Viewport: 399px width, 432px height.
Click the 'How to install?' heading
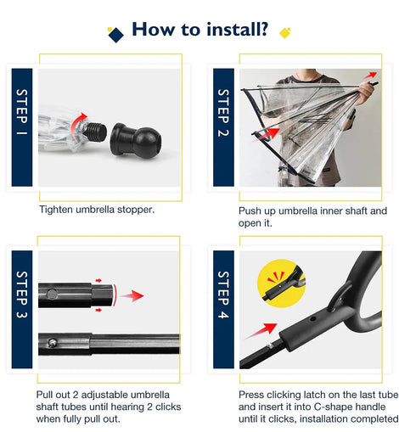[x=199, y=30]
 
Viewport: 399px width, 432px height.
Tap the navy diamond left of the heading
[x=115, y=35]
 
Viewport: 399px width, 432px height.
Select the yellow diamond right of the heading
[x=284, y=33]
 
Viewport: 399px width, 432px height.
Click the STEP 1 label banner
[x=22, y=127]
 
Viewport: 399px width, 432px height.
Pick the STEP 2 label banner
[x=223, y=127]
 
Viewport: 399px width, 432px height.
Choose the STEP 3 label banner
[x=22, y=310]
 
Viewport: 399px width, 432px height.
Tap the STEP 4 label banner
[x=223, y=310]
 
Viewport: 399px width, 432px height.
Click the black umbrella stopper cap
[x=136, y=140]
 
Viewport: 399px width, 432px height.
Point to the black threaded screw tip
[x=96, y=132]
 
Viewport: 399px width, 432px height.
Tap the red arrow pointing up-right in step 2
[x=370, y=76]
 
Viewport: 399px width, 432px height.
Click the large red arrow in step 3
[x=132, y=296]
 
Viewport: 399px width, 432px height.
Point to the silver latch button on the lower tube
[x=53, y=343]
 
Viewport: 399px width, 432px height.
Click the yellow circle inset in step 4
[x=282, y=283]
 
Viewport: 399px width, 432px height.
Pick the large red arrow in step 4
[x=261, y=330]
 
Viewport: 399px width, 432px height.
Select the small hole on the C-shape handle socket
[x=312, y=319]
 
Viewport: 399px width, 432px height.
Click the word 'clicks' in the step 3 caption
[x=168, y=407]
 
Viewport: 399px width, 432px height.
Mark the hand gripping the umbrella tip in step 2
[x=367, y=91]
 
